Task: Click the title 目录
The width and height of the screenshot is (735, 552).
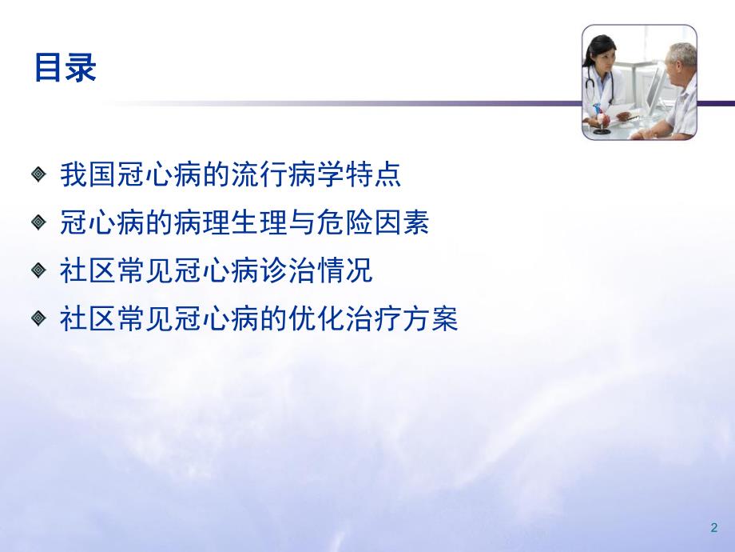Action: point(65,68)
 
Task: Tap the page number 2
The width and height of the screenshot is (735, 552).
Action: point(713,528)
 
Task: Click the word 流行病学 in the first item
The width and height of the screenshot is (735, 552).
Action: point(304,175)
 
